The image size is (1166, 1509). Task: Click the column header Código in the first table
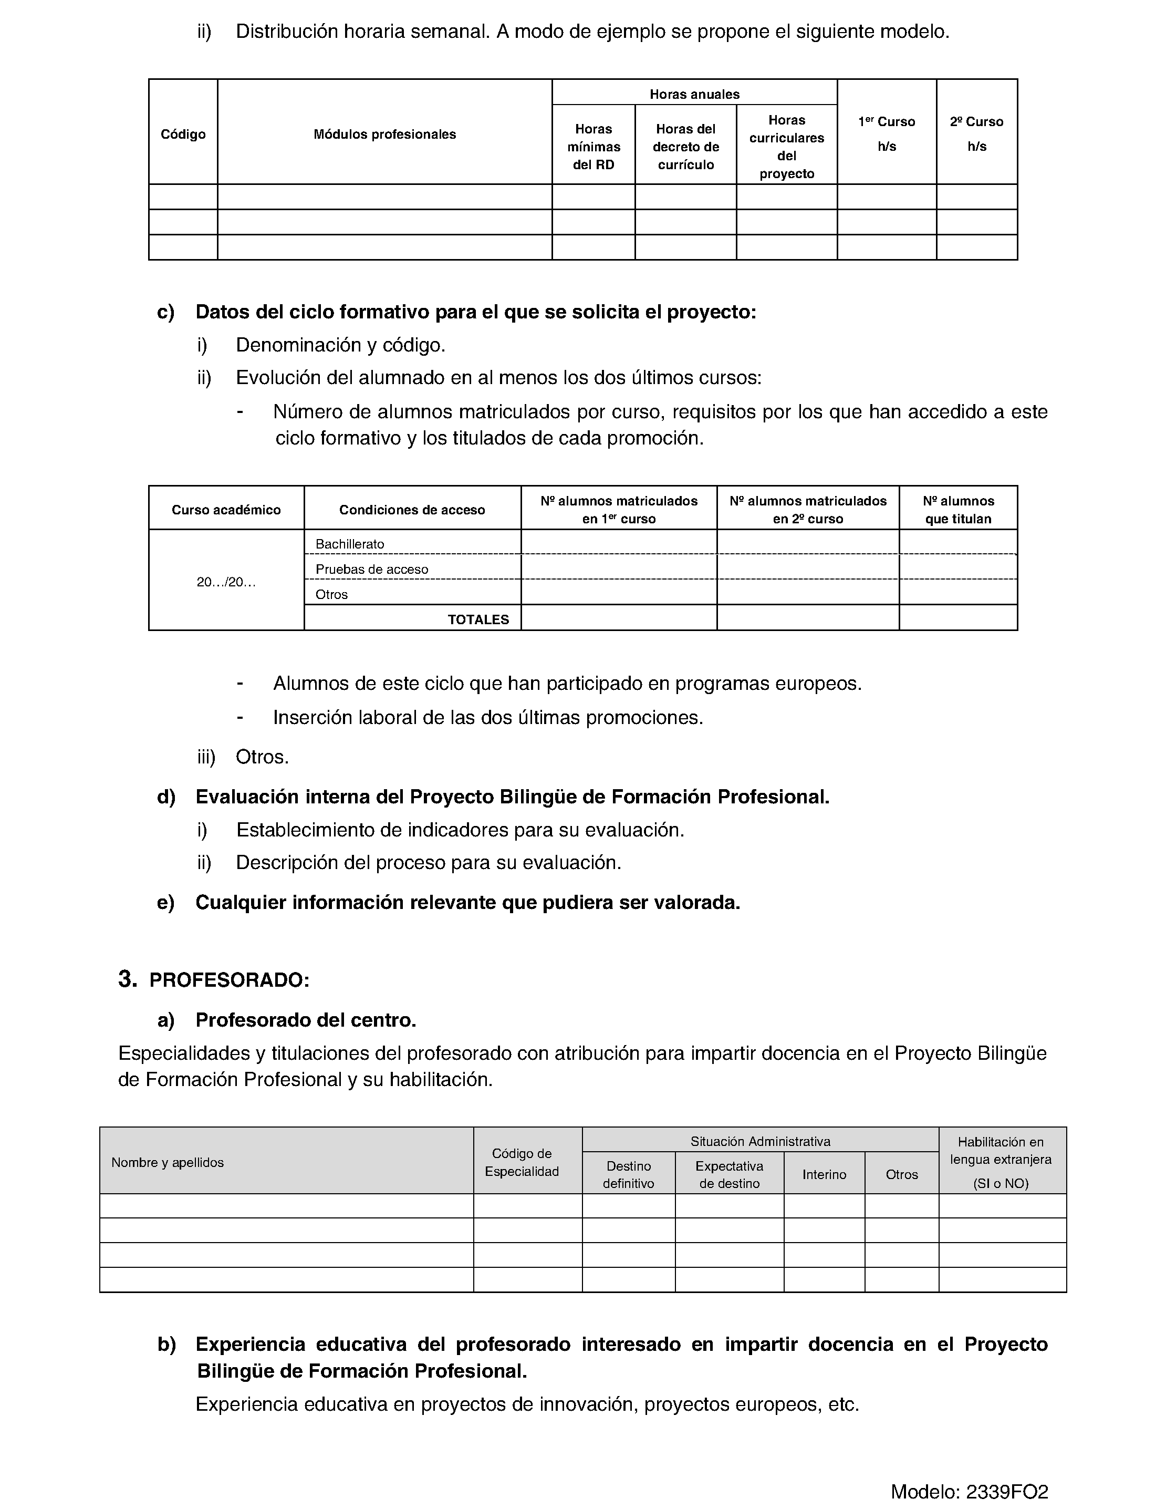(x=183, y=134)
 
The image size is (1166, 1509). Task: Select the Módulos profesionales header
(x=385, y=134)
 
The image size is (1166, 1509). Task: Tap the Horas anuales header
(x=694, y=94)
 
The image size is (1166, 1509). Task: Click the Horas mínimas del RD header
(x=594, y=147)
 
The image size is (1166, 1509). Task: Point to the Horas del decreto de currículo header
(x=686, y=147)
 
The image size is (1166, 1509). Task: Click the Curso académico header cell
(x=226, y=510)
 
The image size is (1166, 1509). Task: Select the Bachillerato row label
(x=349, y=544)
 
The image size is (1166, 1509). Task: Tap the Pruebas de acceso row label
(x=372, y=570)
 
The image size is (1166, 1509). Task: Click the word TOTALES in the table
(x=478, y=620)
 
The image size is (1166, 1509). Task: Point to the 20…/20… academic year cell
(x=226, y=582)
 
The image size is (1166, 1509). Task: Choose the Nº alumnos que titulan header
(x=958, y=510)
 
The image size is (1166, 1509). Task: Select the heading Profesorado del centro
(x=305, y=1020)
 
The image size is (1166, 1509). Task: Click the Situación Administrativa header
(x=760, y=1141)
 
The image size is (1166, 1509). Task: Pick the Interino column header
(x=824, y=1175)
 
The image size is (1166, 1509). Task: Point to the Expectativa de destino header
(x=729, y=1175)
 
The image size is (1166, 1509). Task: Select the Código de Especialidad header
(x=522, y=1162)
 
